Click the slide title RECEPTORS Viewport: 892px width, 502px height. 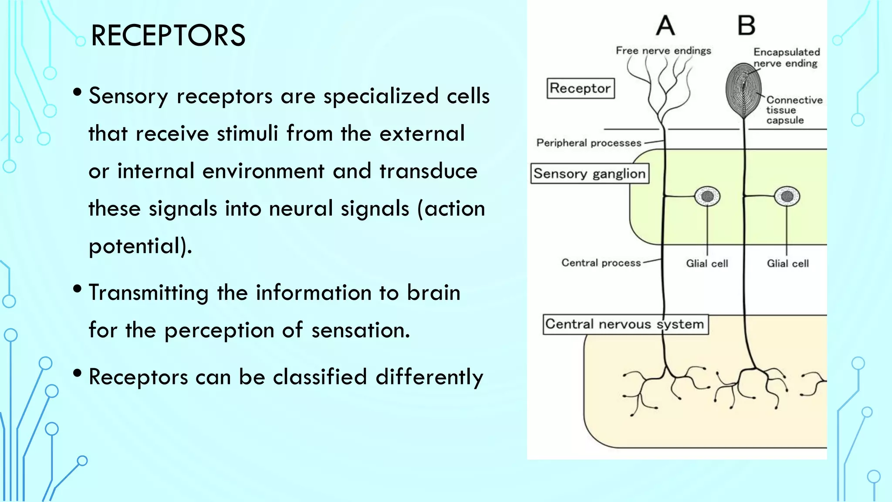pos(168,36)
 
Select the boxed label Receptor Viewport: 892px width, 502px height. pos(580,88)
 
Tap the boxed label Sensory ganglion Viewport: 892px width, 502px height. pos(590,173)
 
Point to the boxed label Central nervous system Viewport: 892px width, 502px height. pos(625,324)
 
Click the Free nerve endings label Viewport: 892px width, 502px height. pos(663,51)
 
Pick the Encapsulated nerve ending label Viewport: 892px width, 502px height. pos(786,58)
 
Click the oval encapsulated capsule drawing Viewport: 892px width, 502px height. pos(743,90)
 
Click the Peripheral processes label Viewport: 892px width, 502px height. pos(588,143)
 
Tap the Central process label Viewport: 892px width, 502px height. pos(601,263)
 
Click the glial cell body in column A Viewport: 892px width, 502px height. pos(707,197)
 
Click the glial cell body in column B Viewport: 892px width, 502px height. pos(787,197)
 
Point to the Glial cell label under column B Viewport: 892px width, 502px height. pos(787,264)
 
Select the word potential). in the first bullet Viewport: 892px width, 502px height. pos(140,246)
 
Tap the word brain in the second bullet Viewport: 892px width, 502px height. pos(433,292)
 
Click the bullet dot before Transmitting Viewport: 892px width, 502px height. pos(78,289)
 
